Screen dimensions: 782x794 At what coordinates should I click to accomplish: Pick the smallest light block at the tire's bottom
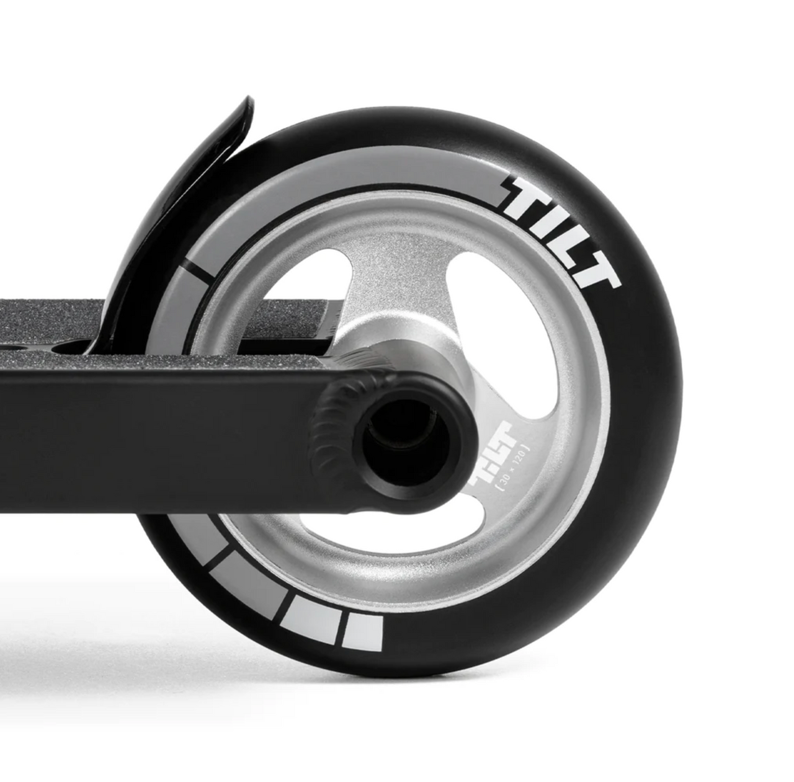(x=364, y=633)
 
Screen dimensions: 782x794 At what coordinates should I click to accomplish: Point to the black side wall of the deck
(x=155, y=422)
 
